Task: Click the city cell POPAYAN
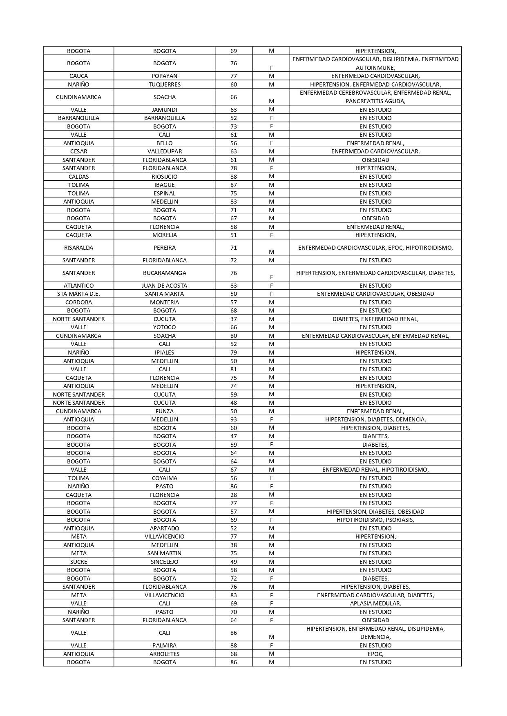164,76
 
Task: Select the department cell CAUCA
78,76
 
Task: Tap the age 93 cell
233,419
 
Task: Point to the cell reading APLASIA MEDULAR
375,603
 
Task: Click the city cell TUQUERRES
164,84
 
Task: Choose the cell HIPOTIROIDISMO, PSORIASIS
375,520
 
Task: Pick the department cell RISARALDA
78,248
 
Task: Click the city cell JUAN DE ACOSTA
164,286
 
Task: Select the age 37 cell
233,319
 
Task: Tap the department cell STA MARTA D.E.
78,294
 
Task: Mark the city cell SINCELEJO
164,562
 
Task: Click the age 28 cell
233,495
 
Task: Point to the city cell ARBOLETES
164,654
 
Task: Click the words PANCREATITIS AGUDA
375,101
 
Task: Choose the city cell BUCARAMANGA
164,273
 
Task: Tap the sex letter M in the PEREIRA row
271,252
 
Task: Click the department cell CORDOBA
78,302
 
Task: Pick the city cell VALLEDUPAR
164,151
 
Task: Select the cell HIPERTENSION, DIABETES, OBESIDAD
375,512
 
